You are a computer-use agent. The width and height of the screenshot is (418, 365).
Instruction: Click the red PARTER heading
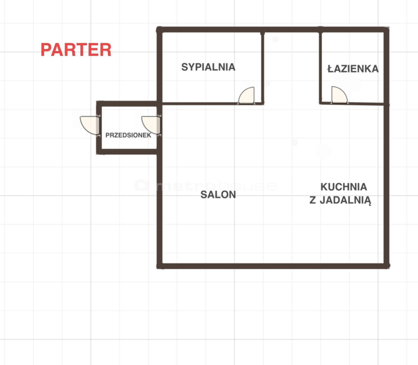pyautogui.click(x=76, y=50)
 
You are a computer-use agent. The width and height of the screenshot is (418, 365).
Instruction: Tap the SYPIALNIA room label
pyautogui.click(x=208, y=67)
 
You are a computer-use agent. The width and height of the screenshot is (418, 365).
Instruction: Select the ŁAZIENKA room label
pyautogui.click(x=353, y=69)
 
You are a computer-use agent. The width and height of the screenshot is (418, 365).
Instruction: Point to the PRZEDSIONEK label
pyautogui.click(x=128, y=135)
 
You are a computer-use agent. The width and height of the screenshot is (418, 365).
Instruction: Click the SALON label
pyautogui.click(x=218, y=194)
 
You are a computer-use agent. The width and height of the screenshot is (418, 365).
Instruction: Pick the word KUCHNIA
pyautogui.click(x=344, y=187)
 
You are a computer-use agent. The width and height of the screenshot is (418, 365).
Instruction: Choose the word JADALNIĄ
pyautogui.click(x=345, y=200)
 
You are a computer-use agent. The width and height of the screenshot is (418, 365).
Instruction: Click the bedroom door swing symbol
pyautogui.click(x=247, y=96)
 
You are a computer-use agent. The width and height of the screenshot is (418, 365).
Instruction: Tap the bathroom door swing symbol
pyautogui.click(x=339, y=95)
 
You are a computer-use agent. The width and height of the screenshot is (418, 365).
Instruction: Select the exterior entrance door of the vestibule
pyautogui.click(x=90, y=125)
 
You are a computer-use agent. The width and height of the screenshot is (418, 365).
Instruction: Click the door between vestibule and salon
pyautogui.click(x=152, y=125)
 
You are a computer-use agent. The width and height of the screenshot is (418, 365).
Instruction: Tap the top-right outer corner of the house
pyautogui.click(x=389, y=27)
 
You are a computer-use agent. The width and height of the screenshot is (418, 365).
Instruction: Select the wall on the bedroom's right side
pyautogui.click(x=263, y=68)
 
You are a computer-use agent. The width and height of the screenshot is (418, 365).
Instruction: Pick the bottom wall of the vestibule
pyautogui.click(x=128, y=152)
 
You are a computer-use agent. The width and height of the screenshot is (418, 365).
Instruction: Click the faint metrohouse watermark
pyautogui.click(x=205, y=185)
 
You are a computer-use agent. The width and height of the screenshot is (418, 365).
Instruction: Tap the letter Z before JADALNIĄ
pyautogui.click(x=313, y=200)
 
